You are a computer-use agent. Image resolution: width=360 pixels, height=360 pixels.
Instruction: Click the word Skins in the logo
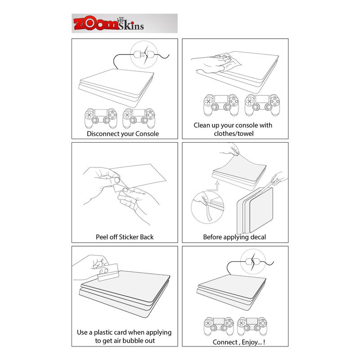point(131,25)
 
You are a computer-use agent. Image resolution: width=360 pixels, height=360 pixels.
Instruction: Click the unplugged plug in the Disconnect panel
point(144,54)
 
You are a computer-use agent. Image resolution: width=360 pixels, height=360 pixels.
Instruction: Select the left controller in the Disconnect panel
point(101,118)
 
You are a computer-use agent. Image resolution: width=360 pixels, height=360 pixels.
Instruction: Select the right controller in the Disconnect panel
point(139,118)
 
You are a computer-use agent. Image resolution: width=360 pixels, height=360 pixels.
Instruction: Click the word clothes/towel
point(234,133)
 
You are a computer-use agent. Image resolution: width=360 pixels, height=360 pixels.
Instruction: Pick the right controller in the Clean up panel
point(262,105)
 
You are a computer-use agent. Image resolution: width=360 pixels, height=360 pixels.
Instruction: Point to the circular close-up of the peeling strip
point(207,207)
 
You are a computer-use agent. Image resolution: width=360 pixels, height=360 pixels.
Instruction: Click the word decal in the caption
point(258,237)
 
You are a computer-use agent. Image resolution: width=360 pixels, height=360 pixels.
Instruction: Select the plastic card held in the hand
point(108,272)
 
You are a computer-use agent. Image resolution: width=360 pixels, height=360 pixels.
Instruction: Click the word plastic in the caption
point(104,333)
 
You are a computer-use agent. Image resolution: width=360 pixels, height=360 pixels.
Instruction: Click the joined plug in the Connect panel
point(253,261)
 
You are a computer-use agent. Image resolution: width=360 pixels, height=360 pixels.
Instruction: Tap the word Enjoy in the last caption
point(249,342)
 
